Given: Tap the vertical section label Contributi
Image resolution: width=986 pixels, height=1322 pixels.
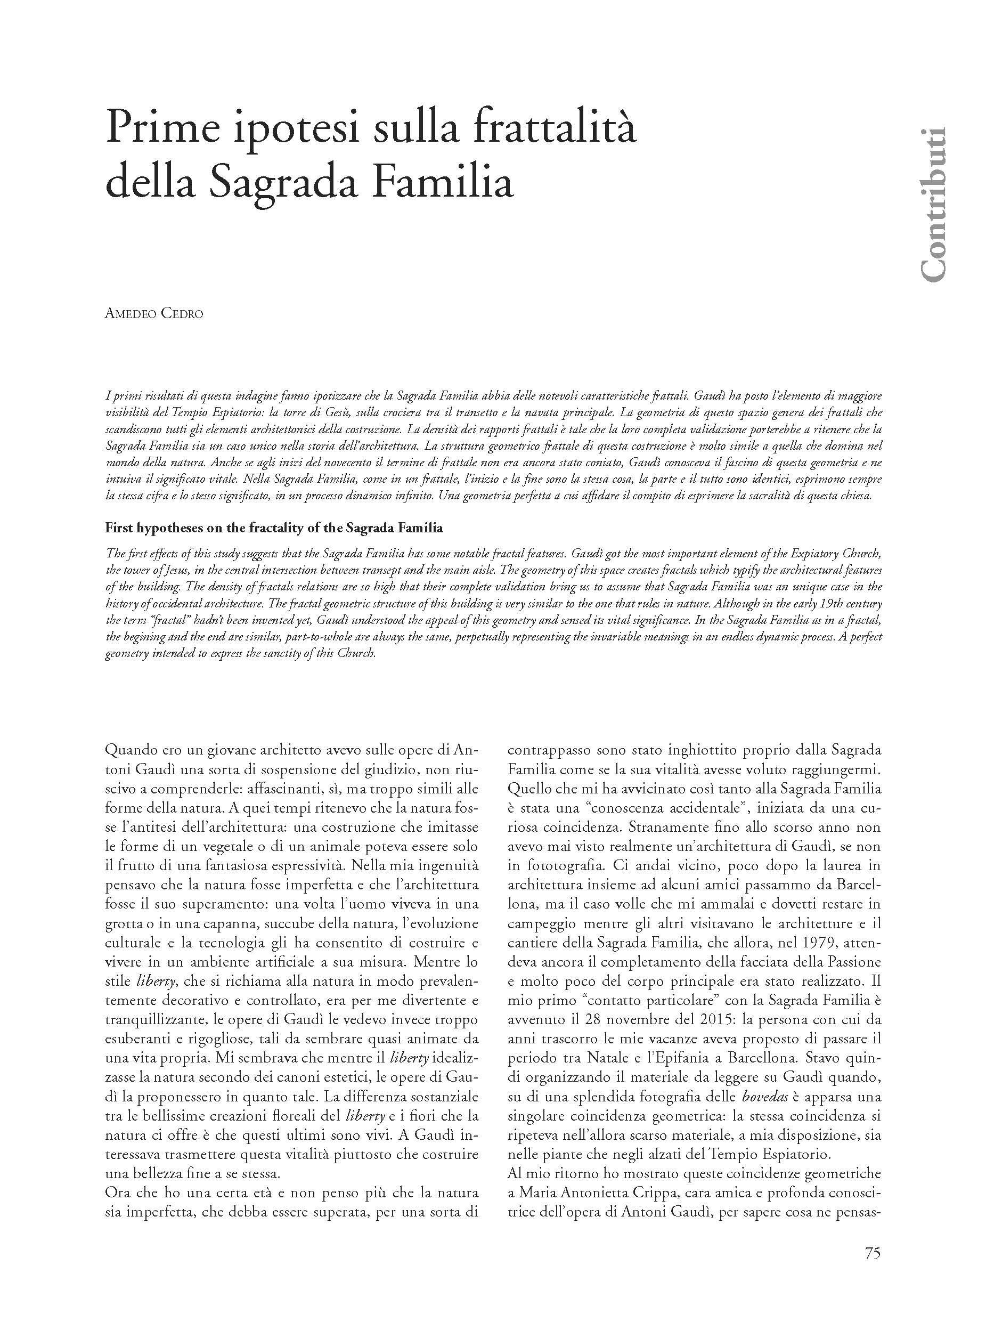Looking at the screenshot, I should pyautogui.click(x=932, y=205).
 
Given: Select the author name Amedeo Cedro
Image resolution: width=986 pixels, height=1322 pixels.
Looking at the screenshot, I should pyautogui.click(x=153, y=313).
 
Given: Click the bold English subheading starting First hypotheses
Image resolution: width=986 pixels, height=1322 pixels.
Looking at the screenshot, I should pyautogui.click(x=274, y=528).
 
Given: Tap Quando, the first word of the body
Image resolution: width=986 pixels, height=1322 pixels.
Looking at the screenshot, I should pyautogui.click(x=132, y=750).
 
